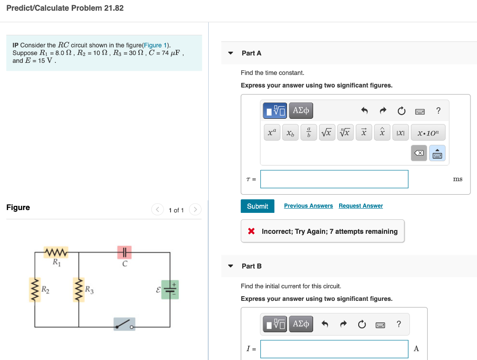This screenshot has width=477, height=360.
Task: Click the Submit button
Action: pos(257,206)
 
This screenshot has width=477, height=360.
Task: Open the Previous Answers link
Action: pos(308,206)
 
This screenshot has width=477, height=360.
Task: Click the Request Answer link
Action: pos(361,206)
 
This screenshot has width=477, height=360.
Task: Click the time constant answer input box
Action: pos(334,179)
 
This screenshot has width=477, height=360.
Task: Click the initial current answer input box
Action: pos(334,348)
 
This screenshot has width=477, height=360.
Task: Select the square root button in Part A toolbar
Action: pos(327,133)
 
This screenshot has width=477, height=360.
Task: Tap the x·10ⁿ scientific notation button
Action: pos(428,133)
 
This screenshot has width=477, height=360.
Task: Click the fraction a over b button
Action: pos(308,133)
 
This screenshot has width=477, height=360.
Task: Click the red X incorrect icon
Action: pos(252,231)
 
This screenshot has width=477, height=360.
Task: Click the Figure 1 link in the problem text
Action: pos(156,45)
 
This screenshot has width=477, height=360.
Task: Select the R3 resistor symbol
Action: pos(79,290)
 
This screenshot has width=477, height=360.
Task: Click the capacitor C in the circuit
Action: pos(124,252)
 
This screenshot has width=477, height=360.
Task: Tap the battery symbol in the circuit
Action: pos(170,289)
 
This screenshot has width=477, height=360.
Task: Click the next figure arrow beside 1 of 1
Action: pos(195,210)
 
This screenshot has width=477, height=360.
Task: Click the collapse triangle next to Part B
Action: pos(231,266)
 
